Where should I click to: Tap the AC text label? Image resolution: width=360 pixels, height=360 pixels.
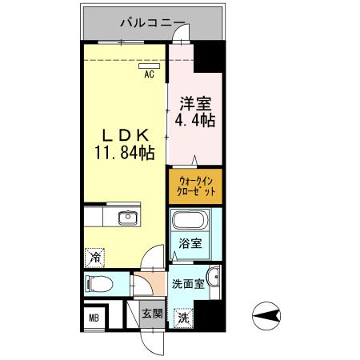tap(149, 76)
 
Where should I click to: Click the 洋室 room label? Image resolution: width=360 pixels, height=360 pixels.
tap(195, 104)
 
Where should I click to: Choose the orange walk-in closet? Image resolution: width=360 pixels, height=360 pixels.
tap(195, 186)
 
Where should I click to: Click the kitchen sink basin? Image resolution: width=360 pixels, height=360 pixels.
tap(127, 218)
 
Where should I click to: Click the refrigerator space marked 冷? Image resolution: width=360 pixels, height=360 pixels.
tap(94, 258)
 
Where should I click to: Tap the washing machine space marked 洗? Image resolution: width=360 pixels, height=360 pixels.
tap(183, 317)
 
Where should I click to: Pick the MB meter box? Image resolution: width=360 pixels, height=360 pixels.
tap(93, 317)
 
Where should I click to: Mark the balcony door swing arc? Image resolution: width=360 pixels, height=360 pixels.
tap(182, 35)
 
